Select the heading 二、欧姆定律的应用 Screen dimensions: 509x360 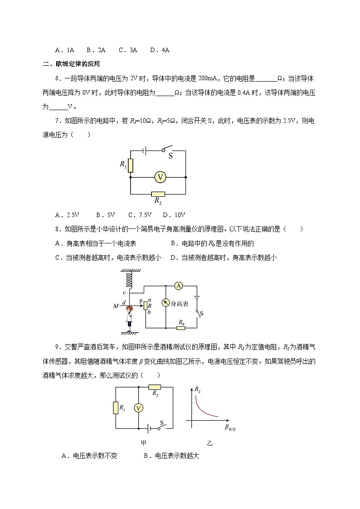pyautogui.click(x=71, y=64)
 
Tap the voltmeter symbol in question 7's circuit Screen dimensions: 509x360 pyautogui.click(x=160, y=177)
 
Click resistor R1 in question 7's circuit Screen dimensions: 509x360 pyautogui.click(x=131, y=165)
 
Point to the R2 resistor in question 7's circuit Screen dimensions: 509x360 pyautogui.click(x=158, y=194)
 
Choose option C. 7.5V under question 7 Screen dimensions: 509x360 pyautogui.click(x=140, y=215)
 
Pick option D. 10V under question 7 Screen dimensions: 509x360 pyautogui.click(x=174, y=215)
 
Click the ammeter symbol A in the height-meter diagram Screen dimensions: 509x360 pyautogui.click(x=179, y=286)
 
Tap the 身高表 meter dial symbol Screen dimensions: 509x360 pyautogui.click(x=166, y=303)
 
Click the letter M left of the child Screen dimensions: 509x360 pyautogui.click(x=115, y=307)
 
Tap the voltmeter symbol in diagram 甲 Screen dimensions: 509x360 pyautogui.click(x=139, y=408)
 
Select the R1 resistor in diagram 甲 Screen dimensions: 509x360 pyautogui.click(x=115, y=408)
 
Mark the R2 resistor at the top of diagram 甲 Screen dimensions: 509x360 pyautogui.click(x=155, y=387)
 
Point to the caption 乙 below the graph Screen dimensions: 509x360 pyautogui.click(x=209, y=443)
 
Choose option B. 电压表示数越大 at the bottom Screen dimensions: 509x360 pyautogui.click(x=171, y=456)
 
